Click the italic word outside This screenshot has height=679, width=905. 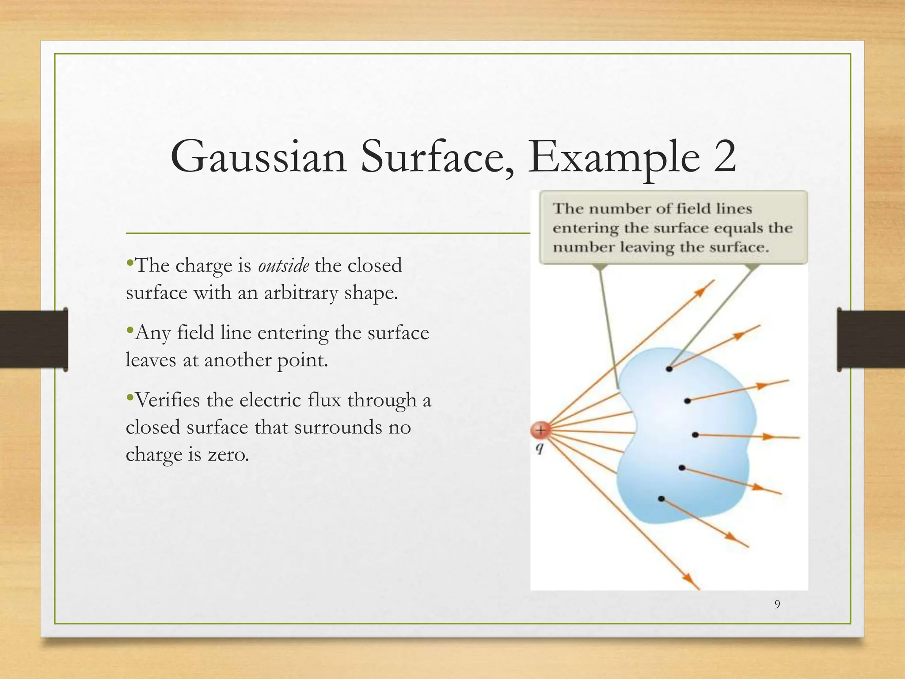[x=283, y=266]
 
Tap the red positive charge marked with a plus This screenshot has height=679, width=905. [x=540, y=429]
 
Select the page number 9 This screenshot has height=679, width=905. [x=777, y=604]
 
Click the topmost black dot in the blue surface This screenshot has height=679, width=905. [x=669, y=368]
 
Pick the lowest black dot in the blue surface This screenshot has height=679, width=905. [x=661, y=499]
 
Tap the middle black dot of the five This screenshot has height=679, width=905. [x=695, y=435]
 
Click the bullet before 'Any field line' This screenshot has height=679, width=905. [x=129, y=330]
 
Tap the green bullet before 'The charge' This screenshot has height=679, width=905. [x=129, y=263]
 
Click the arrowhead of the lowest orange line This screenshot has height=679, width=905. [x=688, y=578]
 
